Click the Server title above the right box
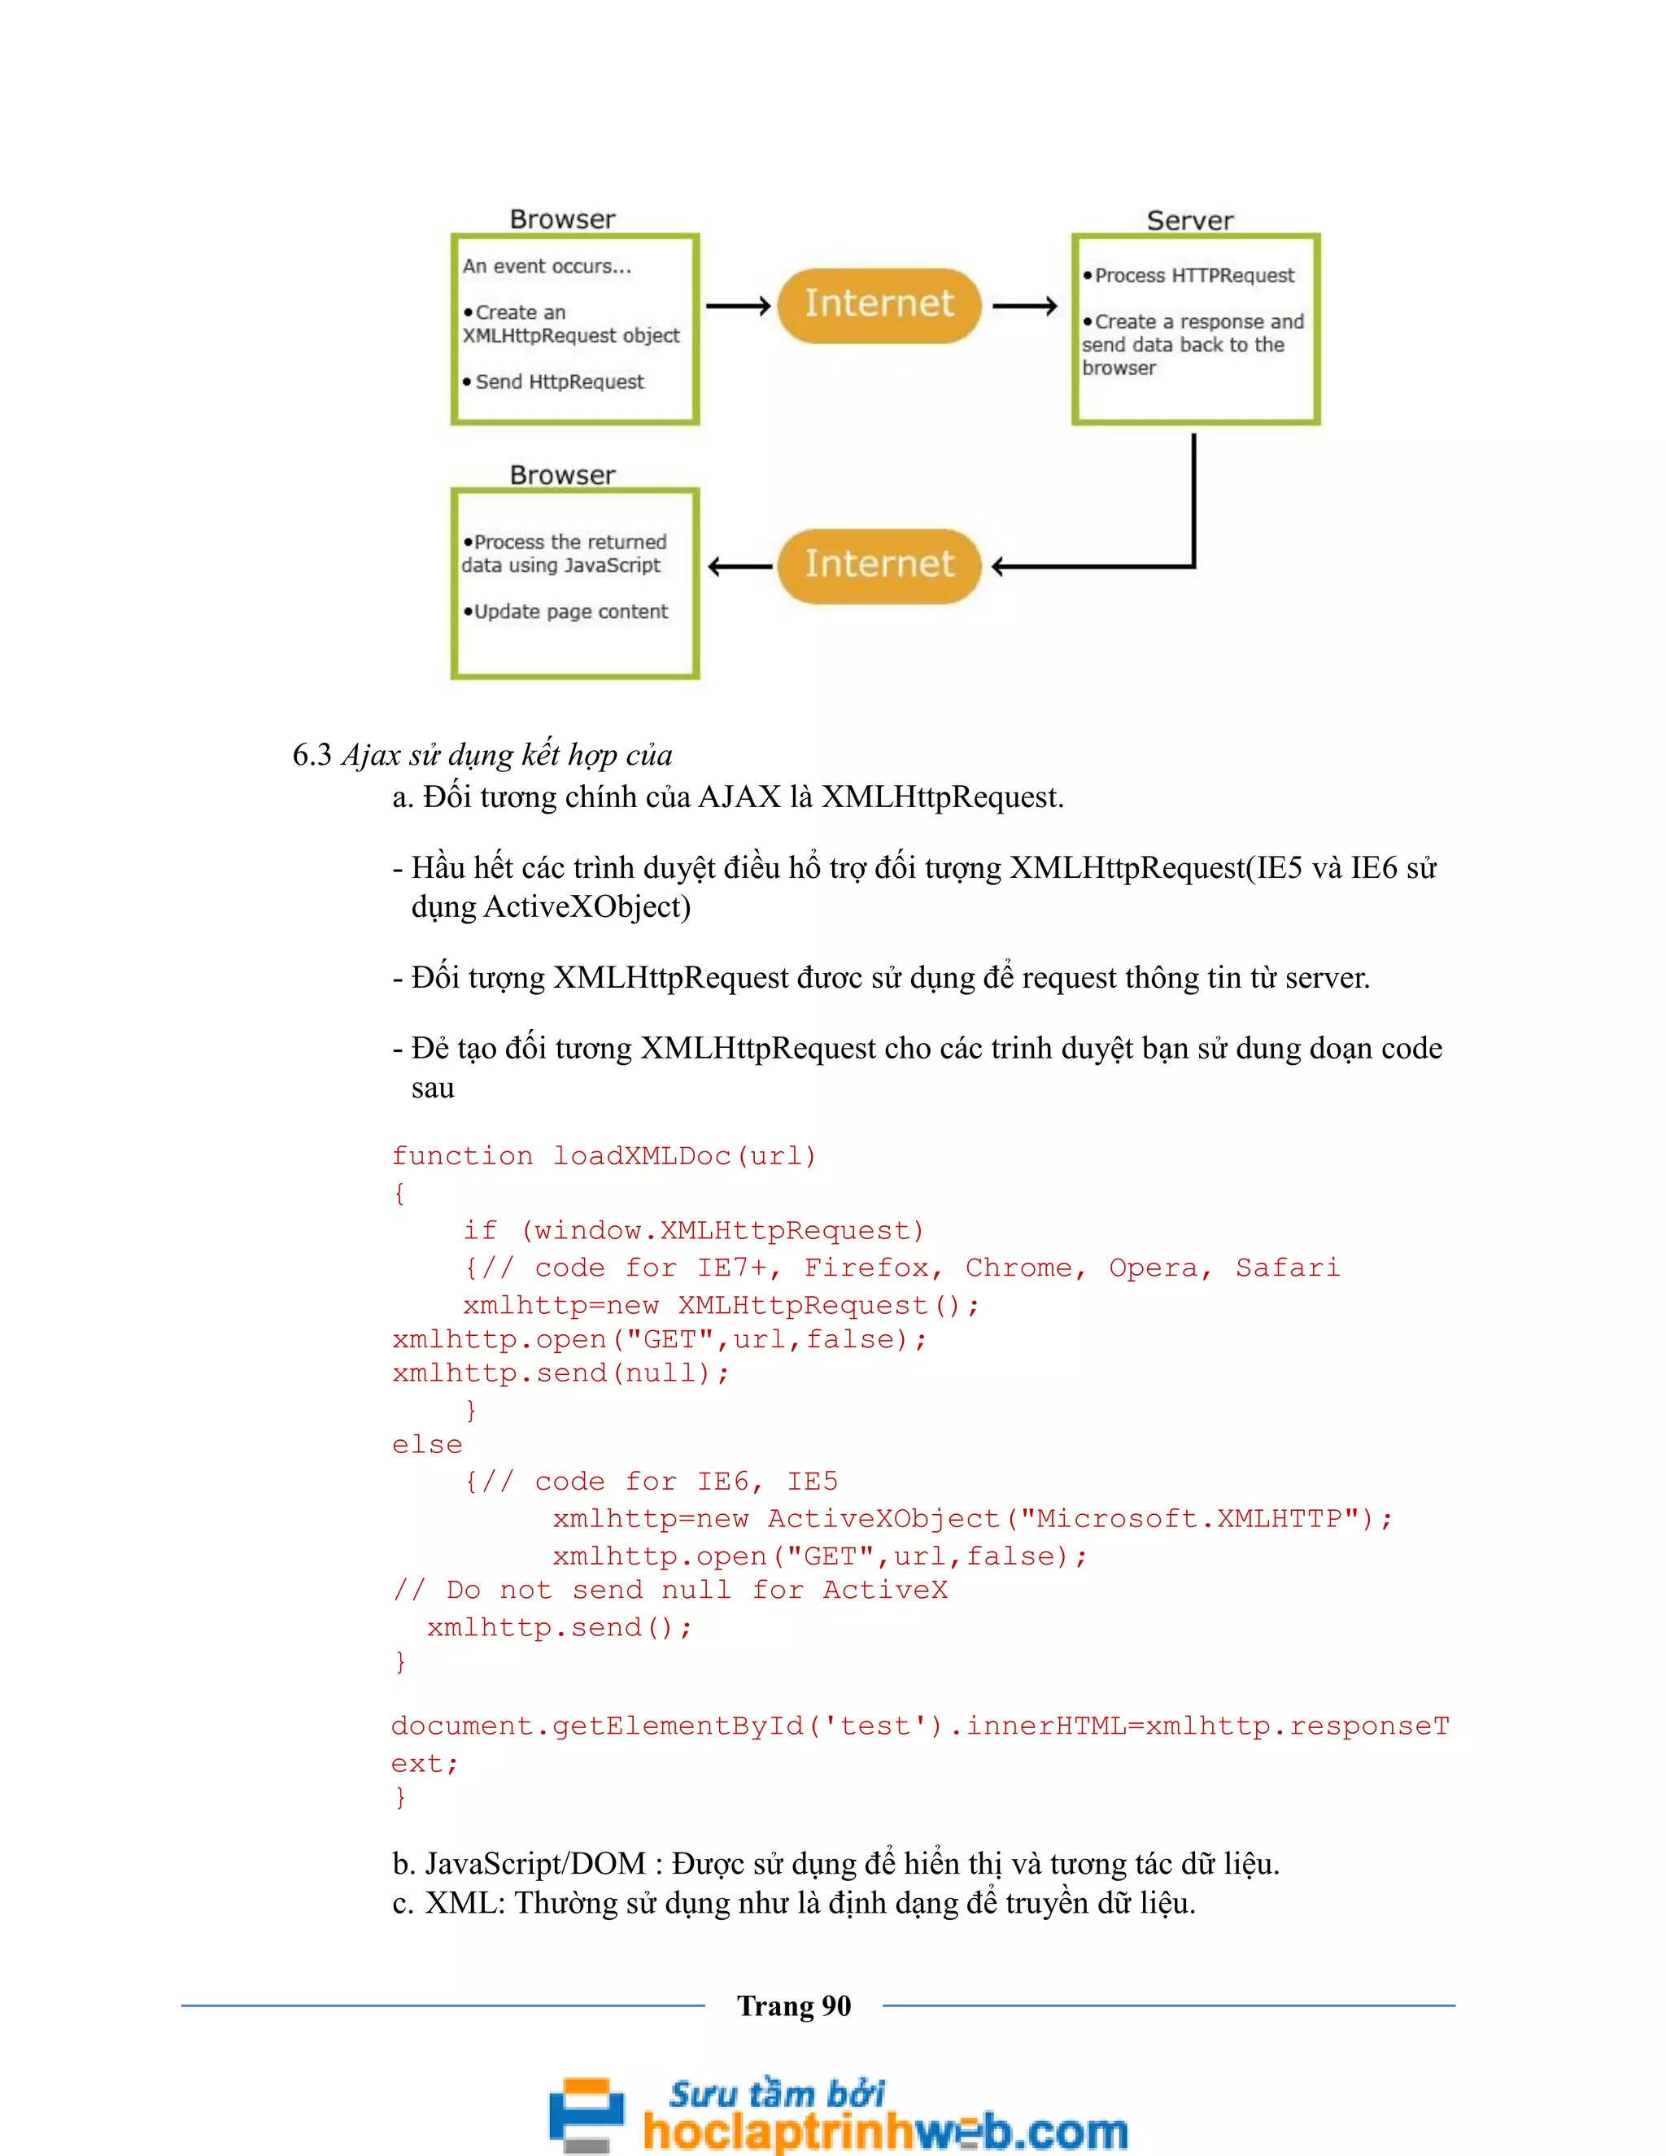tap(1189, 220)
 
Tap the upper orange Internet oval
tap(879, 304)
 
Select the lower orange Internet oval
tap(879, 565)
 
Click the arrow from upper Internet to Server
tap(1024, 306)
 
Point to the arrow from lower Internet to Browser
tap(740, 566)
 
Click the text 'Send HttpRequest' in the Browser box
tap(559, 382)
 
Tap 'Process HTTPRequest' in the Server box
tap(1193, 276)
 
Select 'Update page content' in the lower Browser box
tap(570, 612)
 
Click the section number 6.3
tap(312, 755)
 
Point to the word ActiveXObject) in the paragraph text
tap(587, 907)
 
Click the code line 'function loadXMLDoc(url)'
tap(604, 1156)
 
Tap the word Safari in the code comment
tap(1288, 1268)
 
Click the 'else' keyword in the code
tap(426, 1445)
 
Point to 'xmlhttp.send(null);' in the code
tap(560, 1373)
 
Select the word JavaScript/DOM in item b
tap(535, 1864)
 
